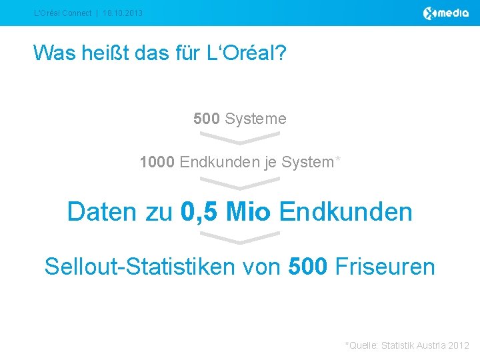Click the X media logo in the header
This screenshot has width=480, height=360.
point(446,13)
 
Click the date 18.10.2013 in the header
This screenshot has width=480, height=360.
point(123,13)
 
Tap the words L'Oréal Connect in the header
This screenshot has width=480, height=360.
point(63,13)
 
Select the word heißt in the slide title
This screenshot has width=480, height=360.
point(111,52)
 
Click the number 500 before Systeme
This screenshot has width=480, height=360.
point(206,119)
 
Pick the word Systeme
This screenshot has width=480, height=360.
point(255,119)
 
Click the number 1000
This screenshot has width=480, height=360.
point(157,162)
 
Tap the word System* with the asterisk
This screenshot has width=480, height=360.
point(311,162)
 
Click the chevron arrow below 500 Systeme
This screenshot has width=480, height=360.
point(240,138)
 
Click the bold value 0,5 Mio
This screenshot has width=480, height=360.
point(225,212)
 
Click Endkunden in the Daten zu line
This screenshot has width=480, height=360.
point(346,212)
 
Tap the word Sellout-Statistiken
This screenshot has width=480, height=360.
point(139,267)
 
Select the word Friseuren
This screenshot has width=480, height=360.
point(385,267)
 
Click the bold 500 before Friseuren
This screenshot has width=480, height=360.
point(308,267)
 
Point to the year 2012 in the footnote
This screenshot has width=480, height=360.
point(459,345)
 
